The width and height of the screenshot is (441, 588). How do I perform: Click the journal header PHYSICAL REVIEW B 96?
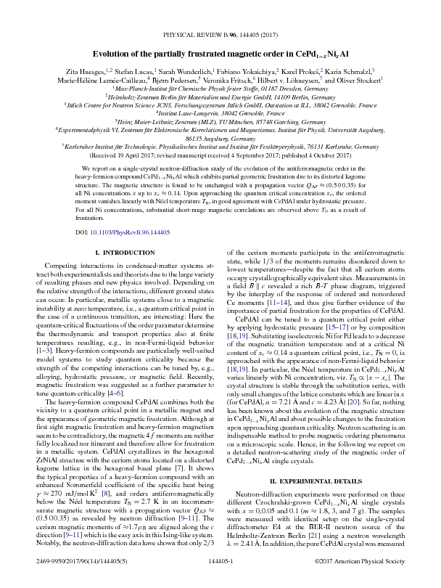pyautogui.click(x=220, y=34)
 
